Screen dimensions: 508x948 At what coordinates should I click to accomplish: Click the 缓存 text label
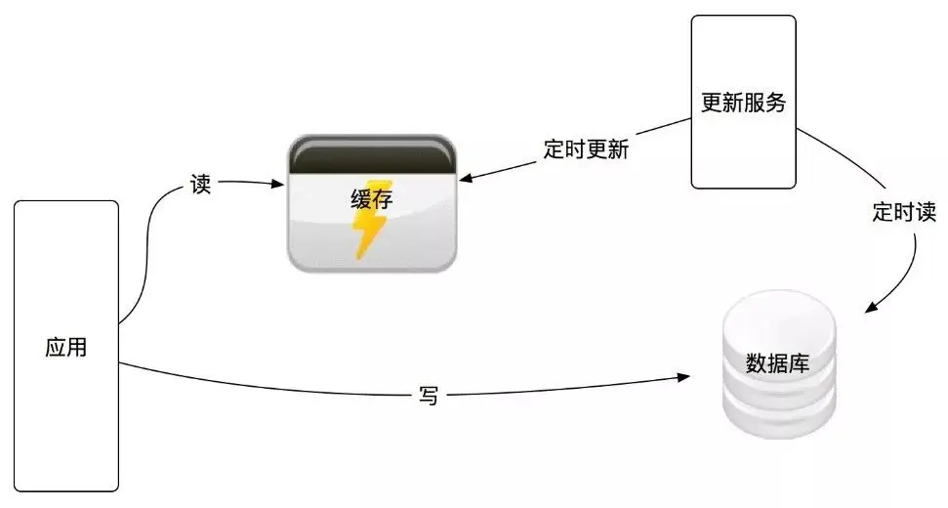pos(370,199)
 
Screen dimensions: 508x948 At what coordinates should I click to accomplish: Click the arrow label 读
pos(200,185)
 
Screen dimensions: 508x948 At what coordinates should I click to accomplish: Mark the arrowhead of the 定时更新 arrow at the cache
pos(467,179)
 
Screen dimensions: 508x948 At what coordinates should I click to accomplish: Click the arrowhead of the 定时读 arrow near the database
pos(871,308)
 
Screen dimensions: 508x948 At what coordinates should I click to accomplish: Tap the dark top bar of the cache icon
pos(371,156)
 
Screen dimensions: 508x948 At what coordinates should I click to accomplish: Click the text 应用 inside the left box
pos(66,347)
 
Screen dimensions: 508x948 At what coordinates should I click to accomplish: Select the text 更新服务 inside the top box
pos(744,102)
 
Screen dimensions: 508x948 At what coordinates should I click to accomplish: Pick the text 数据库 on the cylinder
pos(777,363)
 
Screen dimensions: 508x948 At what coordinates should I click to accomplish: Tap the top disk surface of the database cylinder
pos(778,315)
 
